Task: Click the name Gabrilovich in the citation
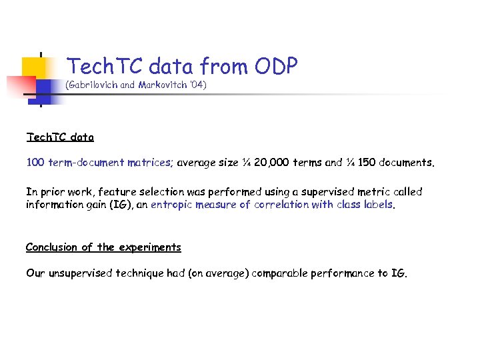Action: (94, 86)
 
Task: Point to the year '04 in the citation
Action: (198, 86)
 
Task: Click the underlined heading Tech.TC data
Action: (60, 137)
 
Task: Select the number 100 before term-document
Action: (35, 162)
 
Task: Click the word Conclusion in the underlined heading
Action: (52, 247)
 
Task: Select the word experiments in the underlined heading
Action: (149, 247)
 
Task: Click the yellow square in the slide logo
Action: (33, 67)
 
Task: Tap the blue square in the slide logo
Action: (43, 88)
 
